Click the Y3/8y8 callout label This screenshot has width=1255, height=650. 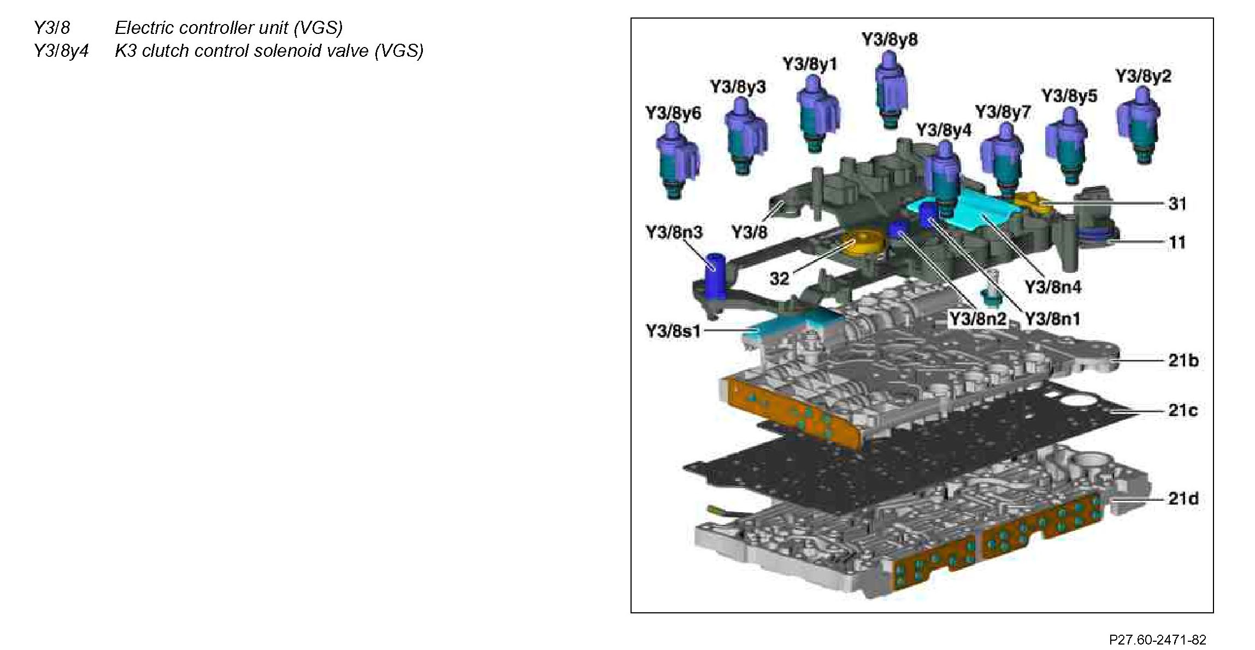pos(889,39)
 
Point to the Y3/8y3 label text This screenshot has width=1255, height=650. pos(738,86)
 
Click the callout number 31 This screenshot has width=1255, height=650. pos(1177,203)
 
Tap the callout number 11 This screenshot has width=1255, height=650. pos(1177,242)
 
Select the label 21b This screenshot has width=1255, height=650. pos(1183,360)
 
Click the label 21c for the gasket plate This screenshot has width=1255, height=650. pos(1183,410)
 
